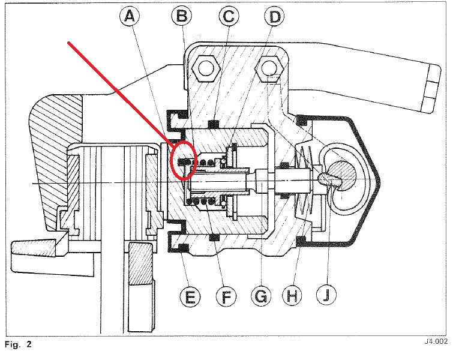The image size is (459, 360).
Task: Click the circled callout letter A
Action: click(130, 18)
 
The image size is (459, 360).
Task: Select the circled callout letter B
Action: click(181, 17)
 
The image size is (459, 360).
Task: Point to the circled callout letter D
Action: click(274, 17)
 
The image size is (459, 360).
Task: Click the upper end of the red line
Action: click(70, 43)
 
